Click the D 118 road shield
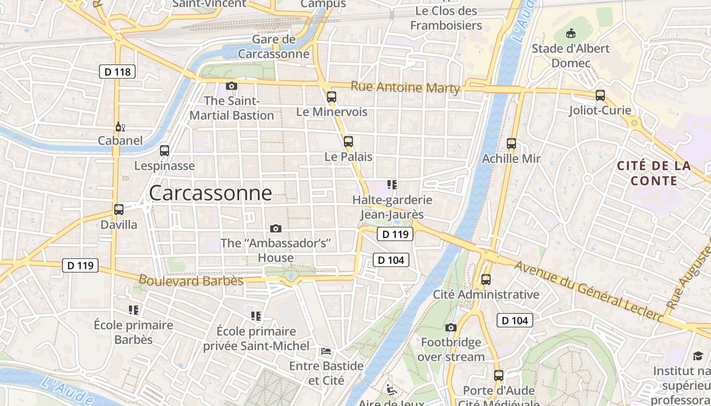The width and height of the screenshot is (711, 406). [117, 72]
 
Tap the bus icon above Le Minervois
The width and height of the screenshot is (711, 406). [332, 96]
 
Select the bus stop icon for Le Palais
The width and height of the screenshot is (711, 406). [348, 142]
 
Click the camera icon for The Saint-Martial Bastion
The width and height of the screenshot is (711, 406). [232, 86]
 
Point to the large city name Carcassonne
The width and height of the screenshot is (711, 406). [210, 193]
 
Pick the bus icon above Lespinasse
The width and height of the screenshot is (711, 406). [165, 150]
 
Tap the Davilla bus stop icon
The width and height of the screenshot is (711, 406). [119, 209]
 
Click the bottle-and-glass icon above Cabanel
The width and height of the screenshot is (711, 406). [120, 126]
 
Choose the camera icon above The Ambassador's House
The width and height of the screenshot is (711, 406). [276, 228]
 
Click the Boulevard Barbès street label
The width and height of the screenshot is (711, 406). [191, 280]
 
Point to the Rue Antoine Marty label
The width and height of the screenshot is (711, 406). [405, 87]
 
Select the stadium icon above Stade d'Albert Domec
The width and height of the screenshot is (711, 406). [571, 33]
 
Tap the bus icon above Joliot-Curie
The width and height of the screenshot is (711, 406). [600, 95]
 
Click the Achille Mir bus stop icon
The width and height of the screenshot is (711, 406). [511, 143]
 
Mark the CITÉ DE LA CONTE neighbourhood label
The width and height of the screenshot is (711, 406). [654, 173]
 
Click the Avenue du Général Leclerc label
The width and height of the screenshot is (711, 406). [589, 291]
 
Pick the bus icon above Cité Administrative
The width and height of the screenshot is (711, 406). [486, 279]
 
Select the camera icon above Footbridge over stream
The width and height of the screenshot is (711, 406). [451, 327]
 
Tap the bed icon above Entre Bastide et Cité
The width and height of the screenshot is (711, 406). [326, 351]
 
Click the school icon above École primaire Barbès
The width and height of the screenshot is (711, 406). [134, 310]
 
